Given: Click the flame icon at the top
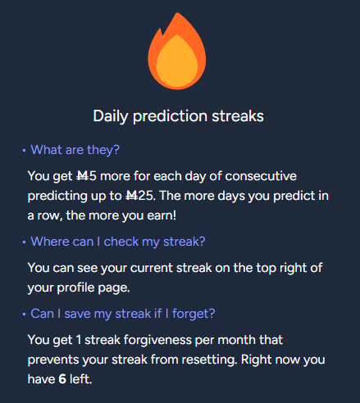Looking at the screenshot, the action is point(177,51).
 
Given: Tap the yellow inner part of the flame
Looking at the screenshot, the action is point(177,60).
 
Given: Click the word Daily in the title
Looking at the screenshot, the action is point(111,116).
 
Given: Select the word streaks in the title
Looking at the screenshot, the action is point(238,115).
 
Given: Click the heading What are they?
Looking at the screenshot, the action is point(75,150).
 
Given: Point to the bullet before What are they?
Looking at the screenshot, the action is point(24,150).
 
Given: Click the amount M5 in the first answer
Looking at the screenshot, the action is point(86,176).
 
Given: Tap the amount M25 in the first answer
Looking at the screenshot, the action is point(140,196).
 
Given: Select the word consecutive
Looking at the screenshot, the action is point(261,176).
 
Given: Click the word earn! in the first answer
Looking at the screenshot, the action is point(162,215).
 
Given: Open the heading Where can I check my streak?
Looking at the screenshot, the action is point(118,242).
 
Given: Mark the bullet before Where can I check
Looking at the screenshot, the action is point(24,242).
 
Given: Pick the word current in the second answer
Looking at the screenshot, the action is point(152,268).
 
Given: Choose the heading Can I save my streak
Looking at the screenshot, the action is point(123,314).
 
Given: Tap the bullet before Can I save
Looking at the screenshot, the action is point(24,314).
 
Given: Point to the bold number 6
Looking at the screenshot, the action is point(62,379).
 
